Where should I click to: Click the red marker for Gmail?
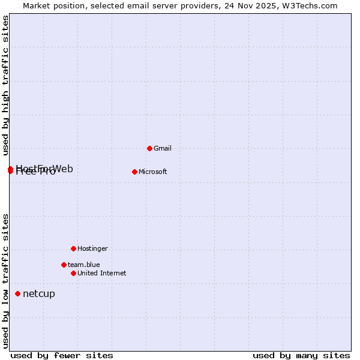point(149,148)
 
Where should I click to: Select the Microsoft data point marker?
point(134,172)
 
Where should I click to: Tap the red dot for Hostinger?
point(73,248)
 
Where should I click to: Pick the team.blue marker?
point(64,265)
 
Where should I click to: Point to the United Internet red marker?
point(73,273)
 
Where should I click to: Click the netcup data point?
point(18,293)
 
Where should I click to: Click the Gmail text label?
point(163,148)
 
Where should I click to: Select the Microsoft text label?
point(153,172)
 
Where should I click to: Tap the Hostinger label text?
point(92,248)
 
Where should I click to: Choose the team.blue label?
point(84,265)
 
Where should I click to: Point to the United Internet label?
point(102,273)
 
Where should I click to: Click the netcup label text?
point(39,293)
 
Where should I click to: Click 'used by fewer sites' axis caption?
point(62,355)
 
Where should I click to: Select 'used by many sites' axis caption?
point(301,355)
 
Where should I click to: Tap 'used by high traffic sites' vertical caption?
point(6,85)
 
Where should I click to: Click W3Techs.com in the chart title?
point(311,5)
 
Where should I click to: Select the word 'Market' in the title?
point(37,5)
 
